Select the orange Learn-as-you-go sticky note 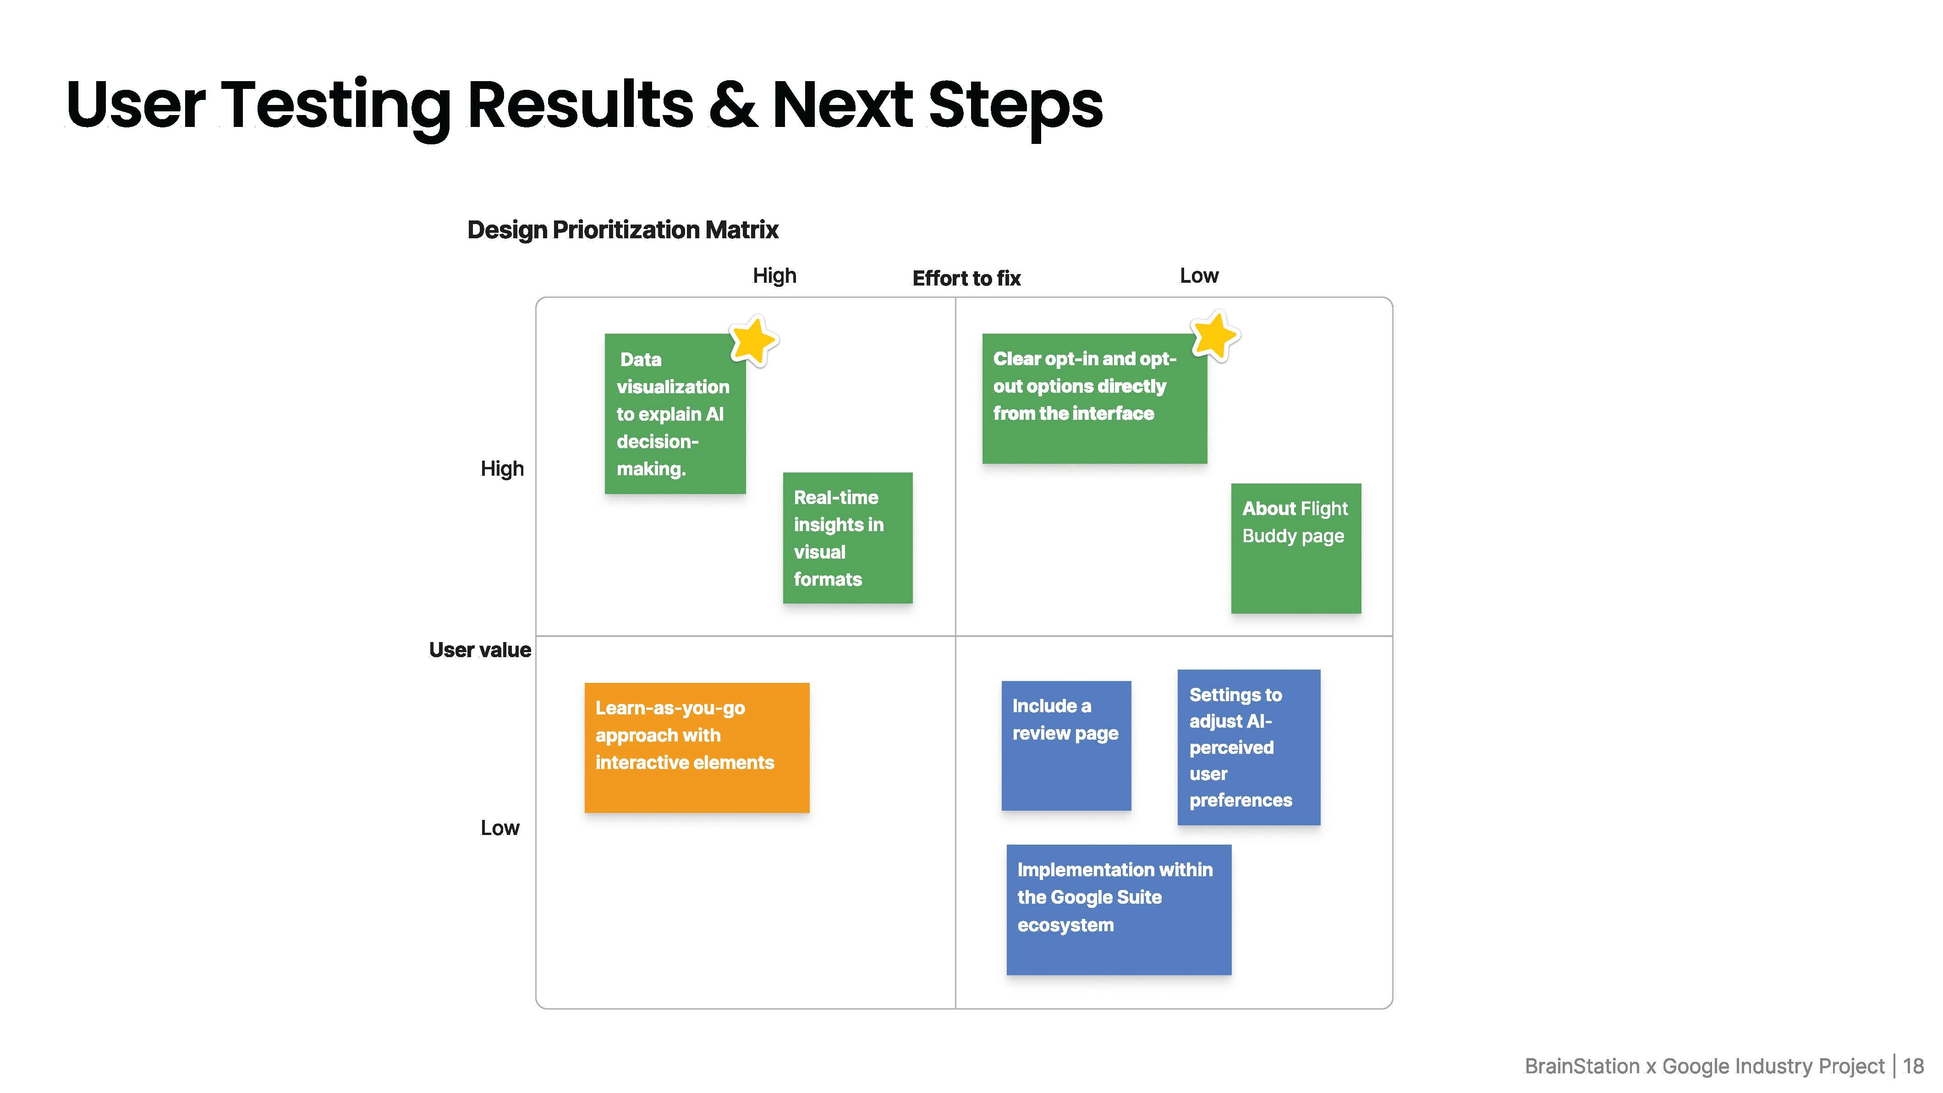pos(697,747)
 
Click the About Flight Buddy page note pos(1296,549)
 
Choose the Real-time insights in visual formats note pos(848,538)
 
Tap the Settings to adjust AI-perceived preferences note pos(1249,747)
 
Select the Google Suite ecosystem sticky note pos(1119,910)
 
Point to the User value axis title pos(480,650)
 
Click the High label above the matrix pos(774,276)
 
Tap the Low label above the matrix pos(1199,276)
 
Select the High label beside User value pos(502,469)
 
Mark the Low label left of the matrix pos(500,828)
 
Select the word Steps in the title pos(1015,107)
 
